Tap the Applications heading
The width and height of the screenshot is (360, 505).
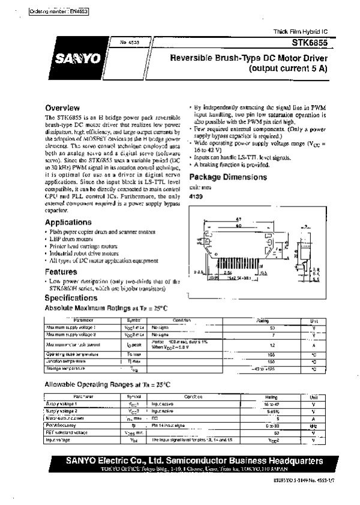pyautogui.click(x=68, y=222)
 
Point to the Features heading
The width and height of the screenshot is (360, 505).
pyautogui.click(x=61, y=271)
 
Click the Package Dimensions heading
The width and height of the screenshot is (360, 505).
pyautogui.click(x=228, y=178)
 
